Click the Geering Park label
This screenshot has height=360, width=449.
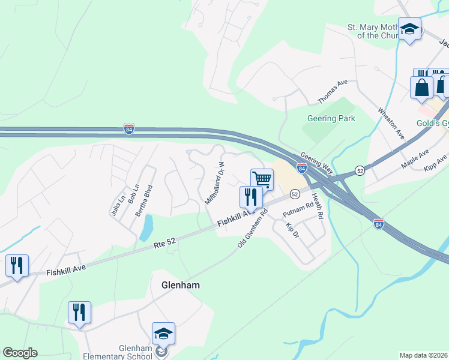(331, 118)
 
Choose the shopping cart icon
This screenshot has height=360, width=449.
(262, 179)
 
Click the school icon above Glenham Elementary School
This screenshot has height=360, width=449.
(163, 333)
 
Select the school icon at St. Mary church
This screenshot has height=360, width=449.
(409, 29)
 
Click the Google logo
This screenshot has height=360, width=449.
(20, 353)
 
